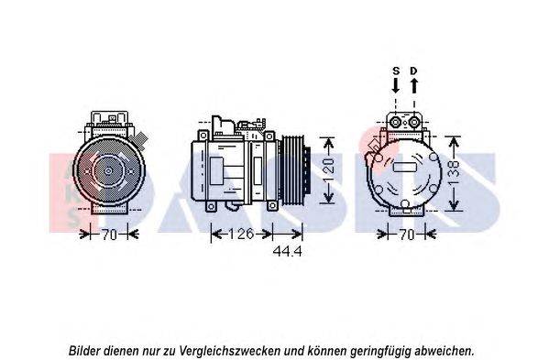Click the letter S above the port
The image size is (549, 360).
(x=396, y=71)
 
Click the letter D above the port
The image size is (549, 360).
(x=414, y=71)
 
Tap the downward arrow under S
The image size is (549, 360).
(x=396, y=85)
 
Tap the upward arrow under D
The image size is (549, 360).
(x=414, y=85)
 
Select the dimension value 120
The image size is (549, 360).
(x=329, y=171)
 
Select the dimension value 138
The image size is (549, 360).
(x=454, y=173)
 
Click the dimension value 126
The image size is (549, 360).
(x=241, y=234)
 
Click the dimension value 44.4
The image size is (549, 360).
(x=287, y=251)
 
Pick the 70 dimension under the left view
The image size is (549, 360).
(x=109, y=235)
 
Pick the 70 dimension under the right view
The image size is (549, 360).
(x=407, y=235)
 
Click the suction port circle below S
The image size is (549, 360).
(x=396, y=123)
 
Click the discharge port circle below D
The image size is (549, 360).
(x=414, y=123)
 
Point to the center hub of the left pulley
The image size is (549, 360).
(x=108, y=170)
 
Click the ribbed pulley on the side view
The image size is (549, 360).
(x=294, y=171)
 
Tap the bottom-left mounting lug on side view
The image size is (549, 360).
(x=211, y=206)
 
